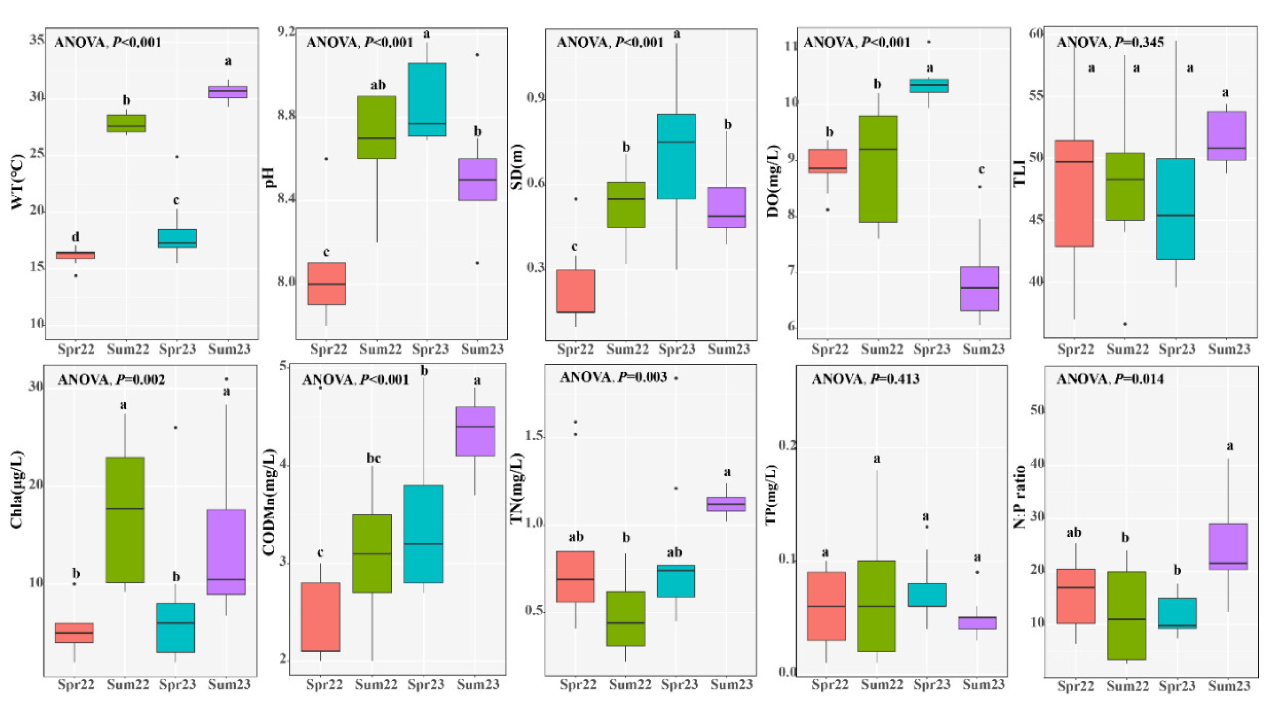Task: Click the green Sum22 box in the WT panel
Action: (x=126, y=123)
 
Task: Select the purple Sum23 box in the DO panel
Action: (x=980, y=289)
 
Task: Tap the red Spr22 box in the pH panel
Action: (x=326, y=284)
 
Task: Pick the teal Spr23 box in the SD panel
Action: (x=676, y=157)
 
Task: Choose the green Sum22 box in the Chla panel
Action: (x=125, y=520)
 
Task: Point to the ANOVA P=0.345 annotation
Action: (x=1110, y=42)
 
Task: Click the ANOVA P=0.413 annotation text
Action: (x=865, y=379)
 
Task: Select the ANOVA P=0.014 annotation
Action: (x=1110, y=379)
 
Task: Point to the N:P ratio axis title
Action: (x=1019, y=498)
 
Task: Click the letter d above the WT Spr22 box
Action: (x=76, y=238)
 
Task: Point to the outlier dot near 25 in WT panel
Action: (x=177, y=157)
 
